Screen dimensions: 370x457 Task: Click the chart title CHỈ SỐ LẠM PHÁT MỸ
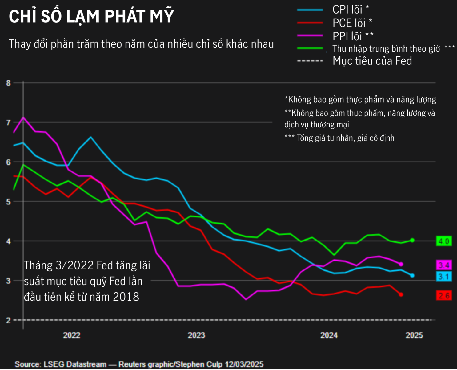(91, 16)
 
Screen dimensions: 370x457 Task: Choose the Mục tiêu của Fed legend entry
(372, 61)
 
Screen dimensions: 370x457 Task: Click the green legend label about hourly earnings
(386, 49)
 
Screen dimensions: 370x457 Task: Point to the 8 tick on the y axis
(8, 83)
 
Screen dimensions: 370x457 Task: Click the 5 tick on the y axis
(8, 202)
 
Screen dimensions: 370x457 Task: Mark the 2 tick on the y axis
(8, 320)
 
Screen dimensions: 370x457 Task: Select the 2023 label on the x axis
(196, 335)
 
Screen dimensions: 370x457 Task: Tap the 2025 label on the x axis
(414, 335)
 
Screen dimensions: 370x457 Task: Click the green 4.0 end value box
(444, 241)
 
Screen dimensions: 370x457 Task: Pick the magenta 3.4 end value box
(444, 265)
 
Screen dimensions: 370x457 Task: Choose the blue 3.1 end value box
(444, 276)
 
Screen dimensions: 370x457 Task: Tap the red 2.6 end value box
(444, 296)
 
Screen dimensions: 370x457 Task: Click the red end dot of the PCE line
(401, 294)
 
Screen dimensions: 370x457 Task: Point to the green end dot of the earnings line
(412, 240)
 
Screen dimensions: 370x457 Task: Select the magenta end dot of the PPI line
(401, 264)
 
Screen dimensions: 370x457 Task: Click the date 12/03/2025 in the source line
(244, 364)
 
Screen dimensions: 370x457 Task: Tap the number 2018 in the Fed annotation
(126, 297)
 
